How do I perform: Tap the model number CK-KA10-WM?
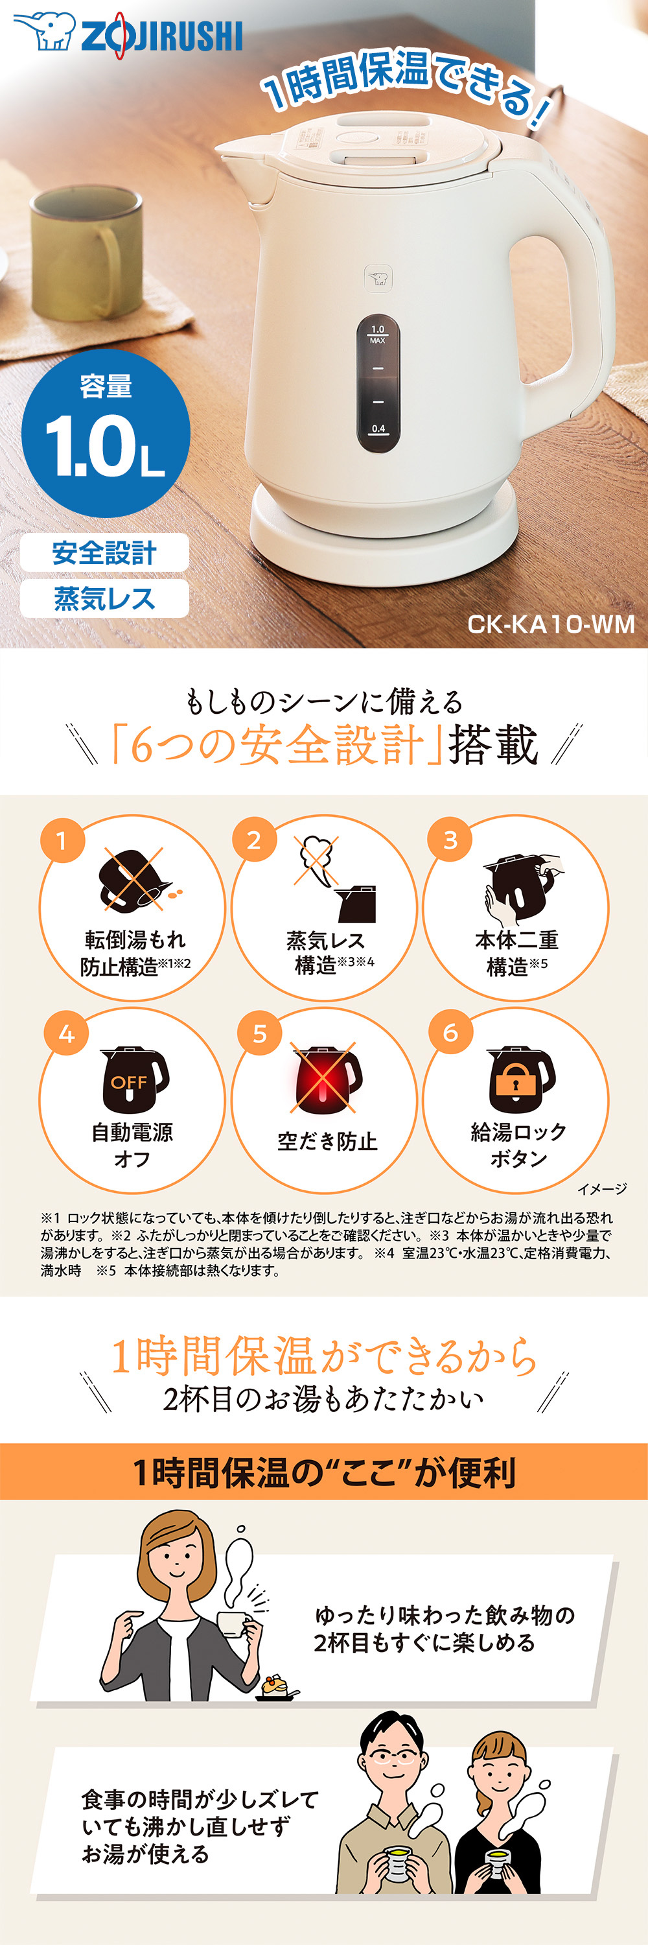coord(551,624)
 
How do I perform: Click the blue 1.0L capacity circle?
coord(106,432)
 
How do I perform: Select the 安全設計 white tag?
coord(104,552)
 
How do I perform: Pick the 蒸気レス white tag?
coord(104,599)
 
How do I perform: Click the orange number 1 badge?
coord(62,840)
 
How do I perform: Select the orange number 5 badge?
coord(259,1033)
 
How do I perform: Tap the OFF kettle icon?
coord(133,1079)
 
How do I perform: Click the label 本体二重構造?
coord(516,953)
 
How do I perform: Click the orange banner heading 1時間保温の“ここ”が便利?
coord(325,1472)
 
